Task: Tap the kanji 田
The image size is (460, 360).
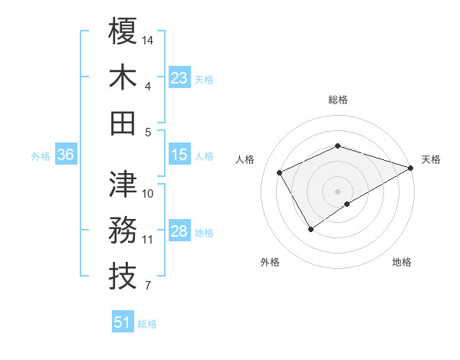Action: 123,123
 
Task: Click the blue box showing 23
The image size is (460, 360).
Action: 179,78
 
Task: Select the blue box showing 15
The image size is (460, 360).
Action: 179,155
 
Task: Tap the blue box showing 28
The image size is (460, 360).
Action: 179,232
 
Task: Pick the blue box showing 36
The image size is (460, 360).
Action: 65,155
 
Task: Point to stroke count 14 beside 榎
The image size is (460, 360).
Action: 148,39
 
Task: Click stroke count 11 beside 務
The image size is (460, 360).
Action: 147,240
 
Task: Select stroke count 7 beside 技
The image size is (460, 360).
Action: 147,286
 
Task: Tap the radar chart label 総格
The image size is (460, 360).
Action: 338,100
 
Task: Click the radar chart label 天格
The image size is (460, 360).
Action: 432,159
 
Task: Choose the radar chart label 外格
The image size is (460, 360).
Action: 270,262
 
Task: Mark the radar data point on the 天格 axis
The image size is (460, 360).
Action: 412,168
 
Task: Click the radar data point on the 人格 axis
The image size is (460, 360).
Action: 280,172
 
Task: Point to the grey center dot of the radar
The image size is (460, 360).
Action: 337,190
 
